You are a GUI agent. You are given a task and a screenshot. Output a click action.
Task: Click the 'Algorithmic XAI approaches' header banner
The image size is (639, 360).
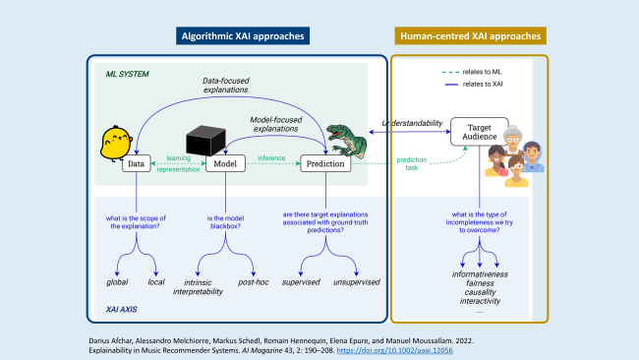(243, 36)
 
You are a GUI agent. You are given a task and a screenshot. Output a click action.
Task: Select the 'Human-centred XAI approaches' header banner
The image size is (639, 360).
(470, 36)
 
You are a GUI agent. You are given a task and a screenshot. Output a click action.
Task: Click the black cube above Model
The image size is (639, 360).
(206, 143)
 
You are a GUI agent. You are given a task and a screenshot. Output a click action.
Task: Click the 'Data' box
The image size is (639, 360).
(137, 164)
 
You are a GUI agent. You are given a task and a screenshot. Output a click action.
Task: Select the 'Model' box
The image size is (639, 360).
(224, 164)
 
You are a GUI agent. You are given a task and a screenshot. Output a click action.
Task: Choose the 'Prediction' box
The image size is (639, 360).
(325, 164)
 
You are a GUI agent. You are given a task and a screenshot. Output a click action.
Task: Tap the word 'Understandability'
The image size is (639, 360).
(410, 123)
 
